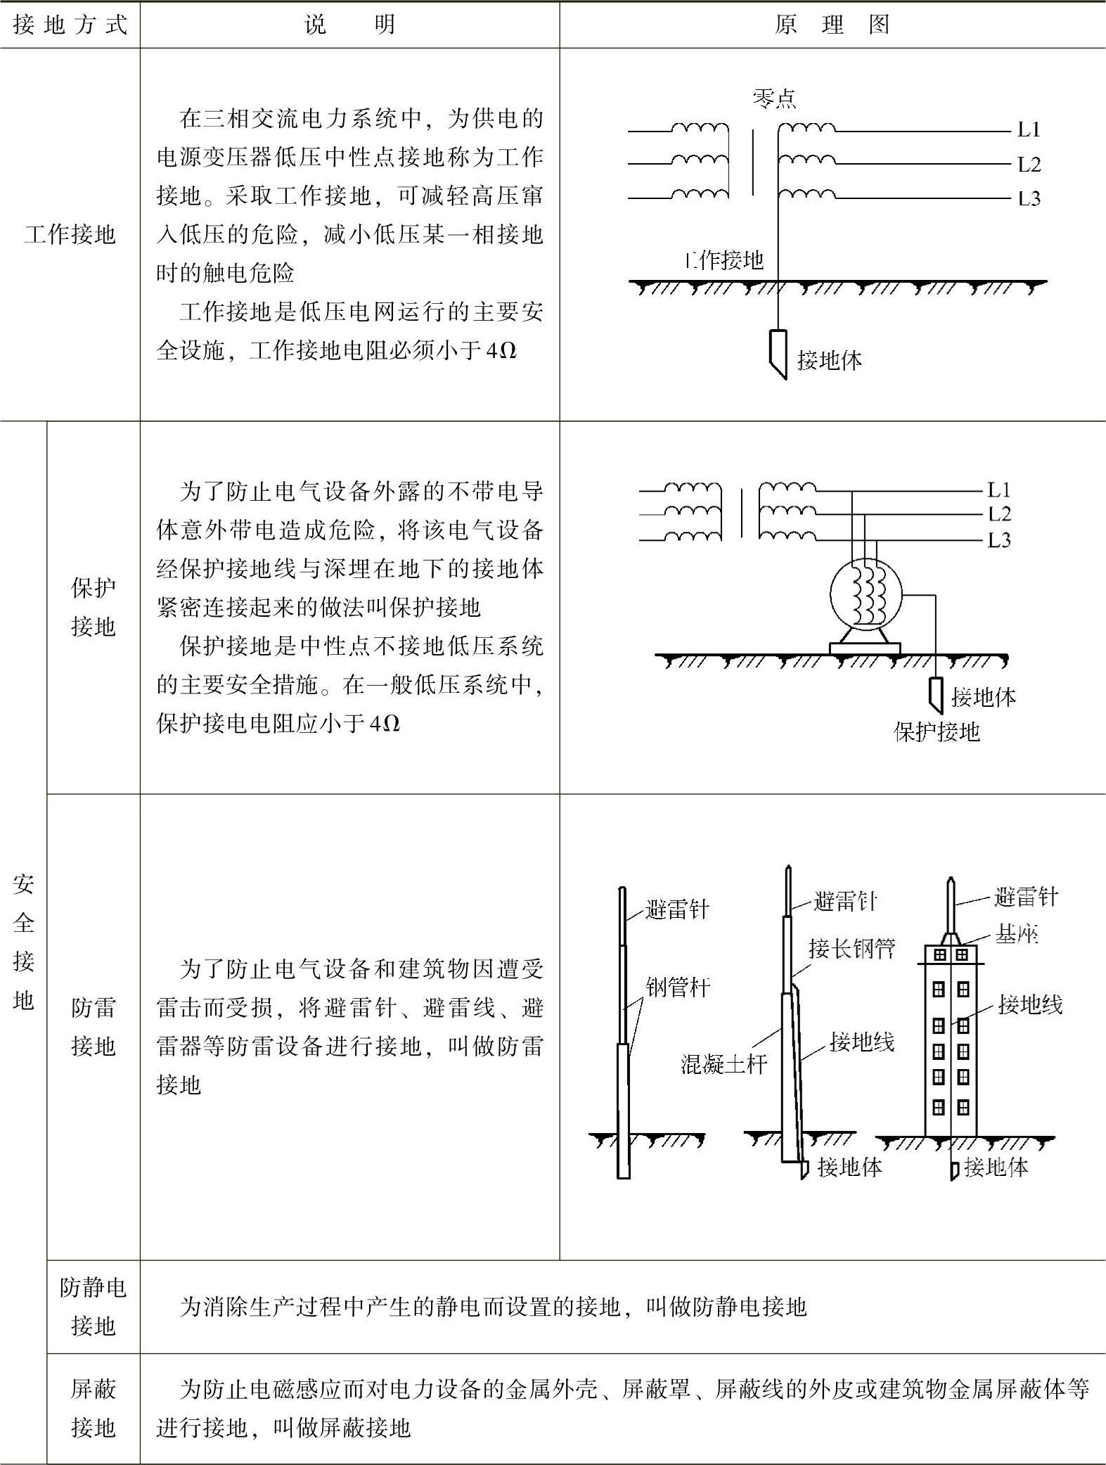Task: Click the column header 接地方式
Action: [x=70, y=25]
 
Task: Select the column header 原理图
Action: [x=832, y=25]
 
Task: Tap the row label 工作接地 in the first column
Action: [x=70, y=234]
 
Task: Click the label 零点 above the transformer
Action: [x=774, y=98]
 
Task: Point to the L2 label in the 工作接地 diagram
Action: [x=1029, y=165]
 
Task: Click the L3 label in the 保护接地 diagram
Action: [x=999, y=540]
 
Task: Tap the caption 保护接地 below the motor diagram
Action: [x=937, y=732]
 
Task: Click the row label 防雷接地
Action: [x=93, y=1028]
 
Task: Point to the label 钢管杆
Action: [x=678, y=987]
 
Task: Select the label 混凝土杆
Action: [x=724, y=1064]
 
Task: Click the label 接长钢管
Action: [x=851, y=949]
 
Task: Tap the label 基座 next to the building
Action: [x=1016, y=934]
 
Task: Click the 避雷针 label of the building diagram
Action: [x=1026, y=897]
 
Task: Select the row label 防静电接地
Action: [x=93, y=1307]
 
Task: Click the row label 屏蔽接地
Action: [x=93, y=1409]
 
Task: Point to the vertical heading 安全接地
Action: [x=23, y=942]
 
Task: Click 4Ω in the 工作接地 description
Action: [x=501, y=350]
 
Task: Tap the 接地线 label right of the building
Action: [x=1030, y=1005]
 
